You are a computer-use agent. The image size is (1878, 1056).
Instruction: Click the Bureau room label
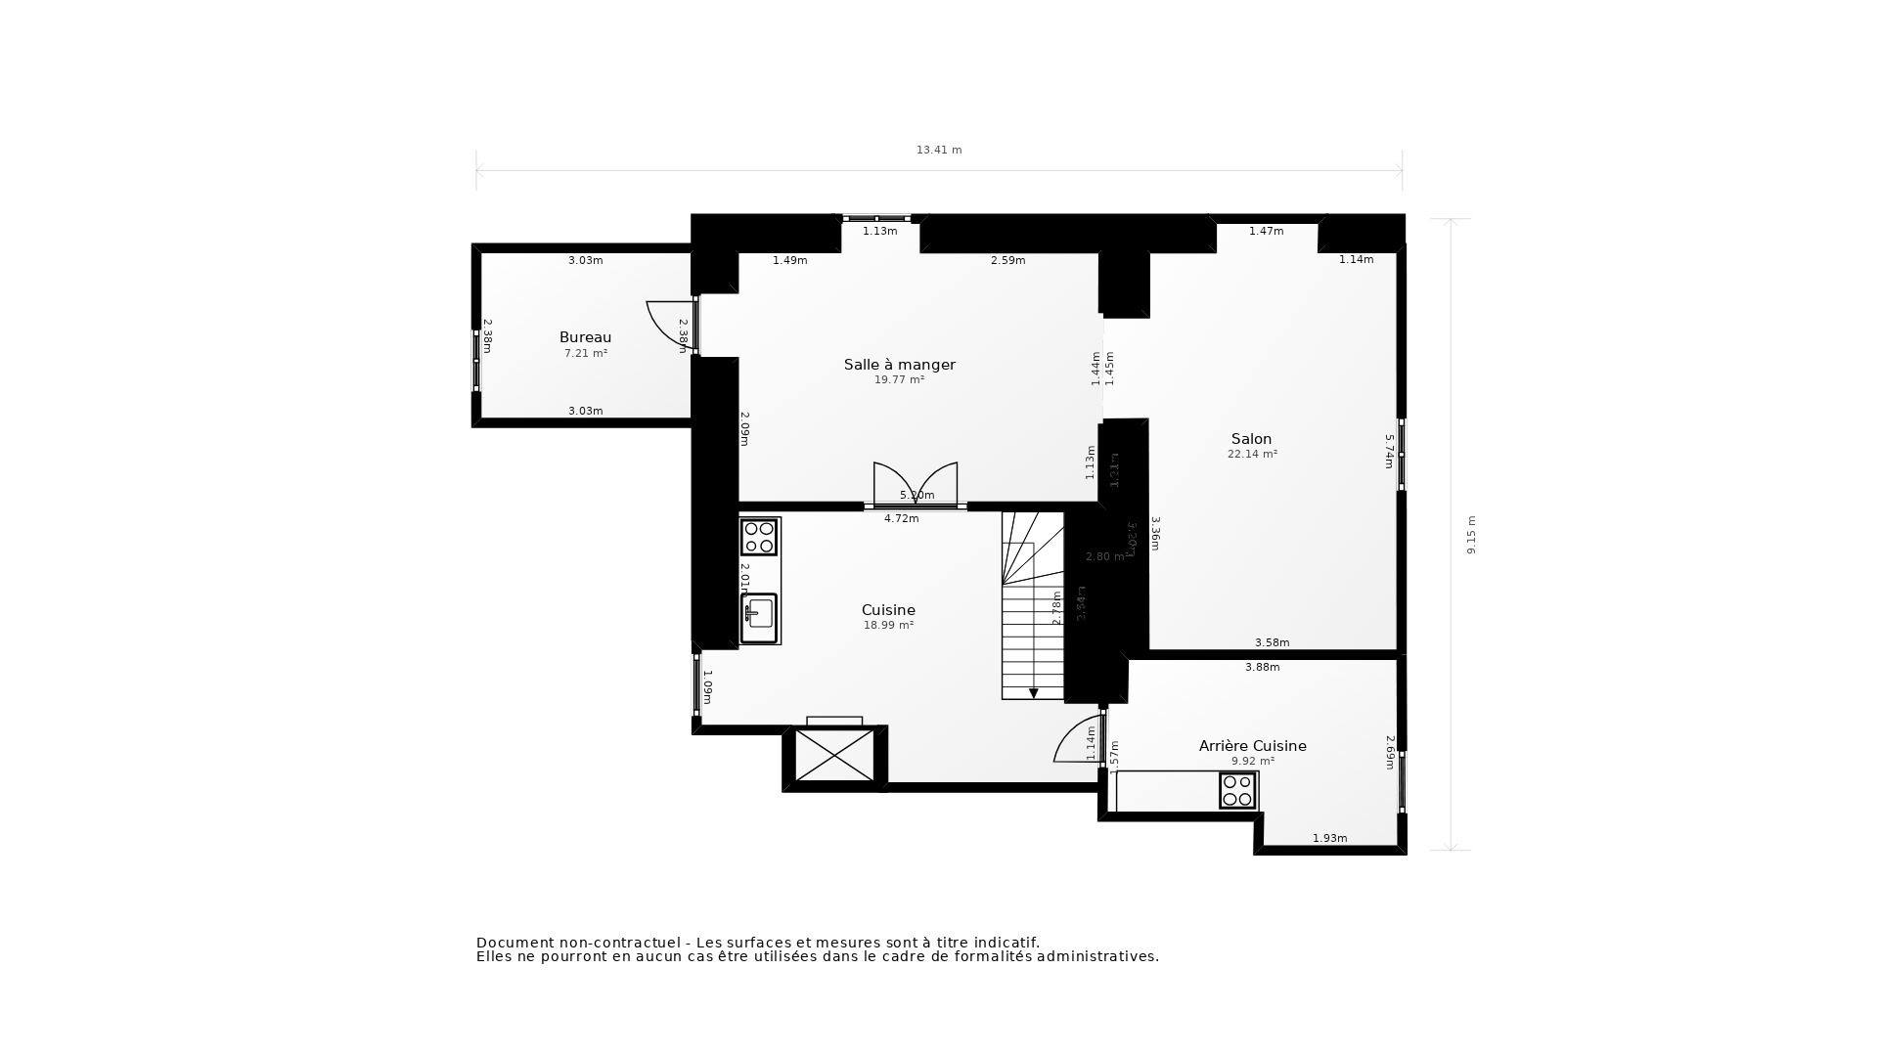[585, 337]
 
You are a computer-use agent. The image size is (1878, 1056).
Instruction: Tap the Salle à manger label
[899, 365]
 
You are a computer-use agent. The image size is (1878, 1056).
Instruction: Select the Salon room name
[1251, 439]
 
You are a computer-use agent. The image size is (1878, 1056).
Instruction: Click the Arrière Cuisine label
[1252, 746]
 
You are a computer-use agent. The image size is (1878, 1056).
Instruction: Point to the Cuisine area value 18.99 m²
[888, 625]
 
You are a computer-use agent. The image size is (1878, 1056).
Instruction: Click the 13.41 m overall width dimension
[938, 151]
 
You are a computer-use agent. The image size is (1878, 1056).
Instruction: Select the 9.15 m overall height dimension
[1470, 535]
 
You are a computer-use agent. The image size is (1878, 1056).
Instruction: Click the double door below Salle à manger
[915, 484]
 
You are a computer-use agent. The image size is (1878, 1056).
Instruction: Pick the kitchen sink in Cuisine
[758, 617]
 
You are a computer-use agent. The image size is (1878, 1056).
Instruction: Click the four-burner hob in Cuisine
[759, 537]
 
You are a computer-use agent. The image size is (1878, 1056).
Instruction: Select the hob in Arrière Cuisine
[1237, 790]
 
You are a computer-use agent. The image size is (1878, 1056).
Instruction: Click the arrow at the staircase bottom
[1033, 692]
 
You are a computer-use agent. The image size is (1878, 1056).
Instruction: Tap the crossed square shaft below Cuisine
[834, 756]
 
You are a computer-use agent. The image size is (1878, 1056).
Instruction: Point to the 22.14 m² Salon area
[1252, 455]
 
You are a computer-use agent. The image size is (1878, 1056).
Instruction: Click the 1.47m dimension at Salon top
[1265, 232]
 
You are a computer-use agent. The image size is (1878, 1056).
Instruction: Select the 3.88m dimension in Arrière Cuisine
[1262, 668]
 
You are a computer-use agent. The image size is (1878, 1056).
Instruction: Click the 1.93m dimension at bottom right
[1329, 839]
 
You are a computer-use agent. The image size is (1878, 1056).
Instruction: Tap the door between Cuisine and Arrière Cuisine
[1079, 739]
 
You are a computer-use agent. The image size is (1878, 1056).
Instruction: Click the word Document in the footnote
[514, 943]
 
